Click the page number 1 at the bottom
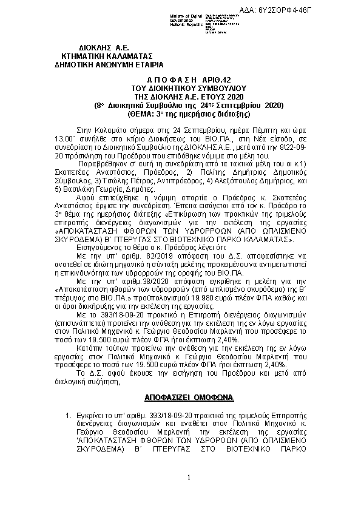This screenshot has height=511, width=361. tap(189, 478)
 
